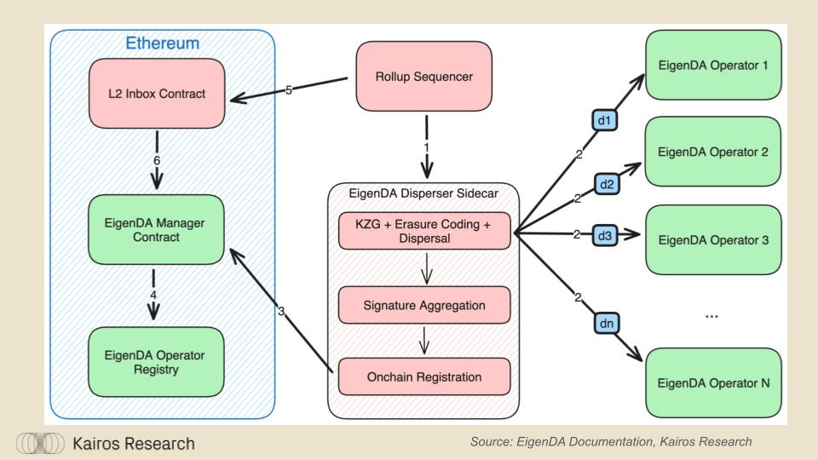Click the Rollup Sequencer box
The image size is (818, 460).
coord(423,76)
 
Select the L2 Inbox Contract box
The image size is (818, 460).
coord(157,94)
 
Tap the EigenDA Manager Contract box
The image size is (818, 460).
coord(156,229)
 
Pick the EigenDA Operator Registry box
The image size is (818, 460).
coord(156,362)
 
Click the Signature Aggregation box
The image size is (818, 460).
coord(424,305)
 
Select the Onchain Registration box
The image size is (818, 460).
coord(424,377)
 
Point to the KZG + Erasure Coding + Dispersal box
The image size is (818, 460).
coord(424,231)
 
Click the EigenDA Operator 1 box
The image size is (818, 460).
coord(713,65)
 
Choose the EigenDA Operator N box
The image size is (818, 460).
coord(713,382)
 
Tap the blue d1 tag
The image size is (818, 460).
coord(605,120)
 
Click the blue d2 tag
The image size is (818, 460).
coord(607,184)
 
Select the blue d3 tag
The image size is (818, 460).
coord(605,236)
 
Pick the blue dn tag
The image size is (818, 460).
coord(607,324)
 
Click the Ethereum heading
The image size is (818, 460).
coord(162,43)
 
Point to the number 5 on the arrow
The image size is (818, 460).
coord(289,90)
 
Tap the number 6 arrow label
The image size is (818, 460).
coord(157,161)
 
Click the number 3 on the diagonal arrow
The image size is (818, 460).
coord(281,312)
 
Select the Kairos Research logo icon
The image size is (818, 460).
coord(40,443)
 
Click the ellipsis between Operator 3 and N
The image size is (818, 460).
coord(711,316)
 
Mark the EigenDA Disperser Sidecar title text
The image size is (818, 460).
coord(423,193)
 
